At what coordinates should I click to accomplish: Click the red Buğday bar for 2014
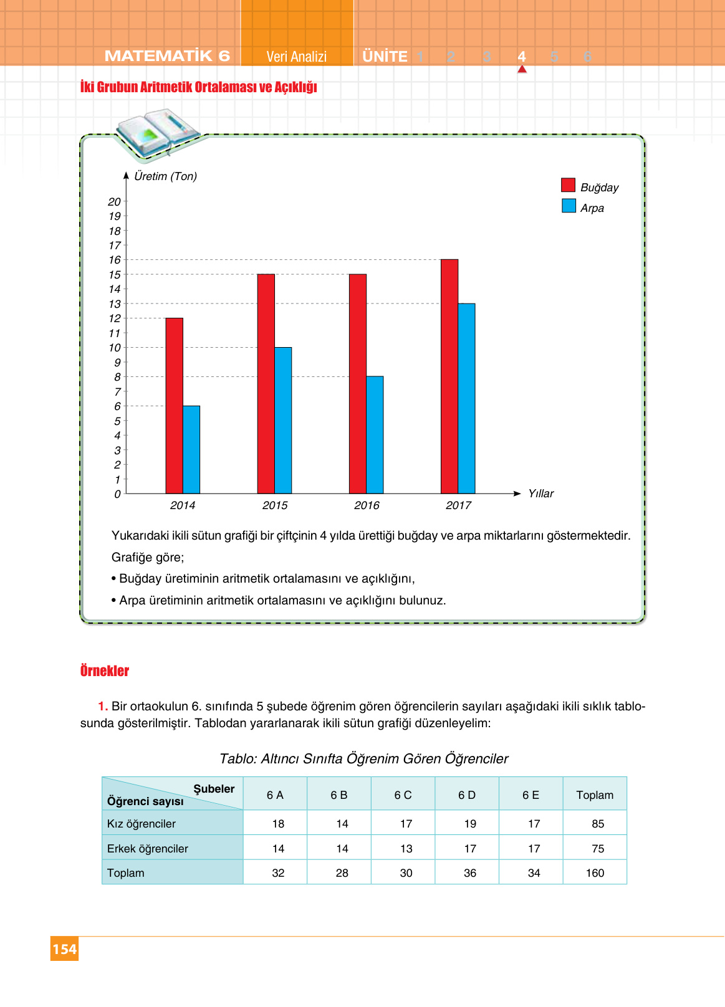pyautogui.click(x=175, y=406)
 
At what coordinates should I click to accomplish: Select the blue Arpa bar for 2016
pyautogui.click(x=375, y=435)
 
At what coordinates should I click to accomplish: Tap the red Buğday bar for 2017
pyautogui.click(x=449, y=376)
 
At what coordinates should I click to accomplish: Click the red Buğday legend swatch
pyautogui.click(x=568, y=185)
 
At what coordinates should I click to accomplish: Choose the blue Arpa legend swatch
pyautogui.click(x=569, y=206)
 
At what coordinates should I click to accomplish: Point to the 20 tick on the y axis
pyautogui.click(x=114, y=202)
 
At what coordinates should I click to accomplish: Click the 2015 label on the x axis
pyautogui.click(x=275, y=505)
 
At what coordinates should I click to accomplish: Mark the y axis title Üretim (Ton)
pyautogui.click(x=165, y=176)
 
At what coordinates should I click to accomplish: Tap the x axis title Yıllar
pyautogui.click(x=540, y=494)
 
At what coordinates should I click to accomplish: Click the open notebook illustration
pyautogui.click(x=158, y=133)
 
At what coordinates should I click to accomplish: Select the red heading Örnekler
pyautogui.click(x=105, y=671)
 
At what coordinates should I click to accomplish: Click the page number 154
pyautogui.click(x=64, y=949)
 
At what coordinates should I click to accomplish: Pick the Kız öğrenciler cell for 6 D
pyautogui.click(x=470, y=824)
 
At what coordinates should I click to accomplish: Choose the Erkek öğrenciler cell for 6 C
pyautogui.click(x=406, y=849)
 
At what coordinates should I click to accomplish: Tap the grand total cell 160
pyautogui.click(x=595, y=873)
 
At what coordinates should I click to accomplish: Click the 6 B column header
pyautogui.click(x=338, y=795)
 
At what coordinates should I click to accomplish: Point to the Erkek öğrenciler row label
pyautogui.click(x=148, y=849)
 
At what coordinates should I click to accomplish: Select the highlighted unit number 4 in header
pyautogui.click(x=522, y=57)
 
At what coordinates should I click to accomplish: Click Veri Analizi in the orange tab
pyautogui.click(x=297, y=57)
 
